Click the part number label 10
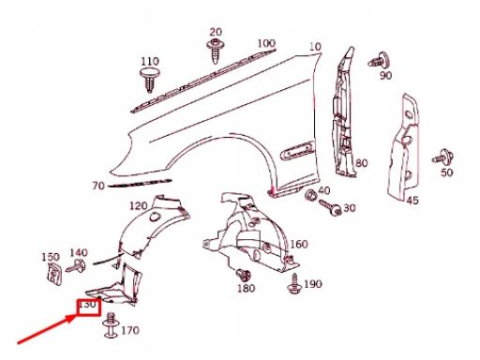tap(315, 47)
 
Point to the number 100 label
tap(266, 43)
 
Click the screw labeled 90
tap(379, 61)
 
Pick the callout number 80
tap(361, 163)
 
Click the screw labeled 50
tap(443, 157)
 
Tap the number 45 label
tap(412, 201)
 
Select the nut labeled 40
tap(311, 196)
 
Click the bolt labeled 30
tap(330, 208)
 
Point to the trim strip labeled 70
tap(140, 183)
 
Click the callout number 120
tap(139, 205)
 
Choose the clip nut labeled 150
tap(54, 274)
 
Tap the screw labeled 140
tap(76, 266)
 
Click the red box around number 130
tap(89, 307)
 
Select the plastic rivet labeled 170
tap(111, 325)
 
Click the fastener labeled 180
tap(243, 275)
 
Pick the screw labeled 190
tap(294, 284)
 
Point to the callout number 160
tap(299, 244)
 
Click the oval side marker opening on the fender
tap(297, 150)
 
